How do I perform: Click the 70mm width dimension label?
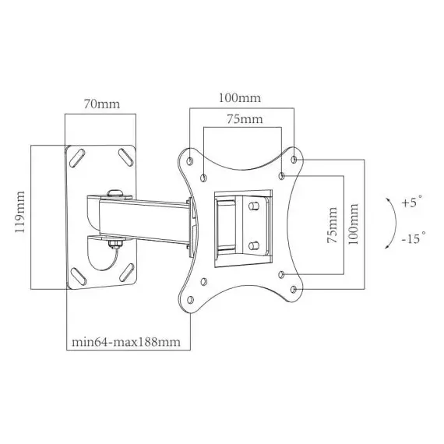click(x=102, y=103)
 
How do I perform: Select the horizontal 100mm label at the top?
click(x=239, y=98)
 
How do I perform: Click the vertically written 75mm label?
click(x=333, y=224)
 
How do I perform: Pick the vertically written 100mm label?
click(x=355, y=224)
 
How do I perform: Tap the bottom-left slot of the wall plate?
click(x=79, y=274)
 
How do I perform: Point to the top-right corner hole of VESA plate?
click(x=294, y=159)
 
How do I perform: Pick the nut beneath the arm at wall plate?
click(x=115, y=245)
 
